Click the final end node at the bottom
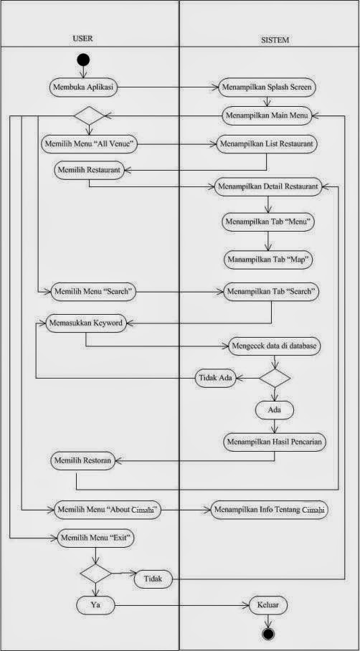pyautogui.click(x=269, y=635)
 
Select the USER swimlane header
pyautogui.click(x=82, y=40)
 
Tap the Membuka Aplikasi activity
pyautogui.click(x=84, y=87)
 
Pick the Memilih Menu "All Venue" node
pyautogui.click(x=89, y=143)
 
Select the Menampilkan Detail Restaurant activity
pyautogui.click(x=267, y=186)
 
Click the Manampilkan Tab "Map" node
pyautogui.click(x=268, y=259)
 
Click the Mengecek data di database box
pyautogui.click(x=274, y=345)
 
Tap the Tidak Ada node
pyautogui.click(x=217, y=377)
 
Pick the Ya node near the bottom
pyautogui.click(x=95, y=605)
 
